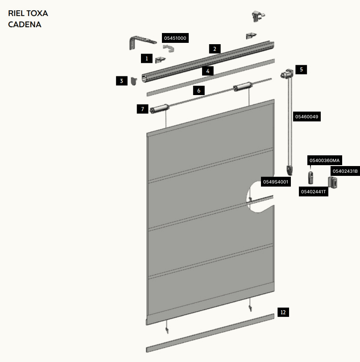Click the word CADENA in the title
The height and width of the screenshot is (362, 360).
[x=25, y=25]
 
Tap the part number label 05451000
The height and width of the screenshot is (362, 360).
[x=175, y=38]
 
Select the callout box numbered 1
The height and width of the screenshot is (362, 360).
[x=147, y=58]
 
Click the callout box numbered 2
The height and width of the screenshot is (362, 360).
[x=215, y=49]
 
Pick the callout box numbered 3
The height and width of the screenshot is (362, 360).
[x=122, y=81]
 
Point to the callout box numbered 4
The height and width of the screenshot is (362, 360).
[x=208, y=71]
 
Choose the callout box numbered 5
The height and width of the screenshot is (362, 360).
[x=301, y=70]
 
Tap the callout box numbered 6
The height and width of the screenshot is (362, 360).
[x=199, y=91]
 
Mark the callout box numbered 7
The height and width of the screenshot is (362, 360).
[x=143, y=109]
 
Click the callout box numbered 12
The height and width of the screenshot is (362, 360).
[x=283, y=312]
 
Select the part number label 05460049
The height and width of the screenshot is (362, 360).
[x=307, y=117]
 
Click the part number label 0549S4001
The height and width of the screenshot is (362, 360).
[x=276, y=182]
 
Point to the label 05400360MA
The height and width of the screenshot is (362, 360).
[x=324, y=160]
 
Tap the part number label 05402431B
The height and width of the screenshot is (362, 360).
[x=345, y=171]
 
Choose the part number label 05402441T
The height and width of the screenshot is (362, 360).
[x=314, y=191]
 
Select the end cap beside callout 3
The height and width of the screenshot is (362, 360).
[x=134, y=81]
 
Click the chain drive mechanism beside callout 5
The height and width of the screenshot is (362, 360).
[x=286, y=74]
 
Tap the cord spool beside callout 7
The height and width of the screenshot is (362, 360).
[x=159, y=108]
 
